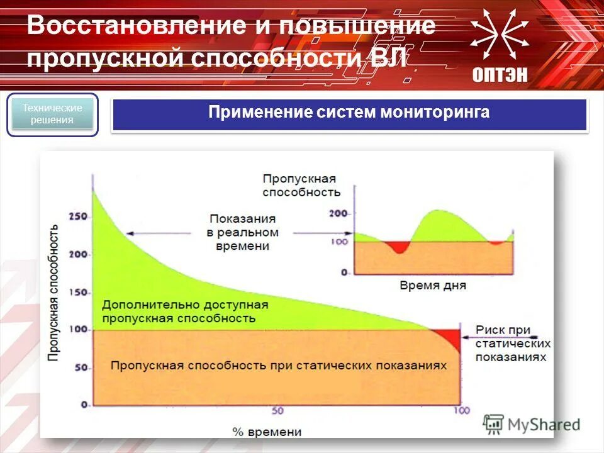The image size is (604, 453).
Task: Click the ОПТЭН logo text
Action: pyautogui.click(x=501, y=75)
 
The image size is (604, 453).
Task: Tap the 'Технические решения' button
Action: pyautogui.click(x=53, y=115)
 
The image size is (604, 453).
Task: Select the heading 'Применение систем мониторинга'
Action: pyautogui.click(x=349, y=113)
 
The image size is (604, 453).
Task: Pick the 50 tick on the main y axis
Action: pyautogui.click(x=82, y=367)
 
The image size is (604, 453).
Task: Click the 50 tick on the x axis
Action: pyautogui.click(x=277, y=411)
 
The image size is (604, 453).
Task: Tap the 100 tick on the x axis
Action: pyautogui.click(x=461, y=411)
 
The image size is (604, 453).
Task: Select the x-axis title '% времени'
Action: pyautogui.click(x=267, y=432)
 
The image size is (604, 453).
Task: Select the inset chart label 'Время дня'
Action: pyautogui.click(x=433, y=285)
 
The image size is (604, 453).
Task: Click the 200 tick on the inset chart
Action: pyautogui.click(x=339, y=214)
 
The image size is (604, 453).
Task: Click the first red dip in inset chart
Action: pyautogui.click(x=398, y=246)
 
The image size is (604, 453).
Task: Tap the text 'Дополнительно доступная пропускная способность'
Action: pyautogui.click(x=185, y=311)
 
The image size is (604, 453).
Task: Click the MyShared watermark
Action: pyautogui.click(x=532, y=424)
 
